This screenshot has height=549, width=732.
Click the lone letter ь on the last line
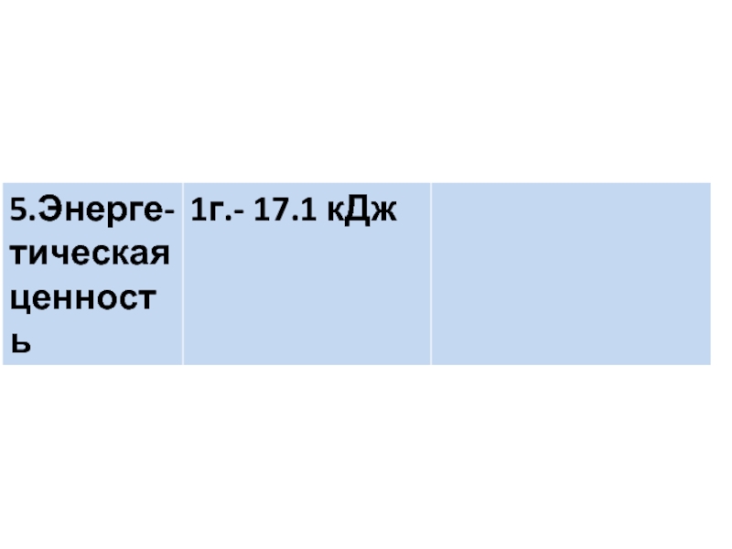click(20, 345)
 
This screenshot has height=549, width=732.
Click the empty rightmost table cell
click(570, 274)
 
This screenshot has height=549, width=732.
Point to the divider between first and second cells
click(183, 274)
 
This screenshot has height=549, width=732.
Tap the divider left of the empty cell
click(430, 274)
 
